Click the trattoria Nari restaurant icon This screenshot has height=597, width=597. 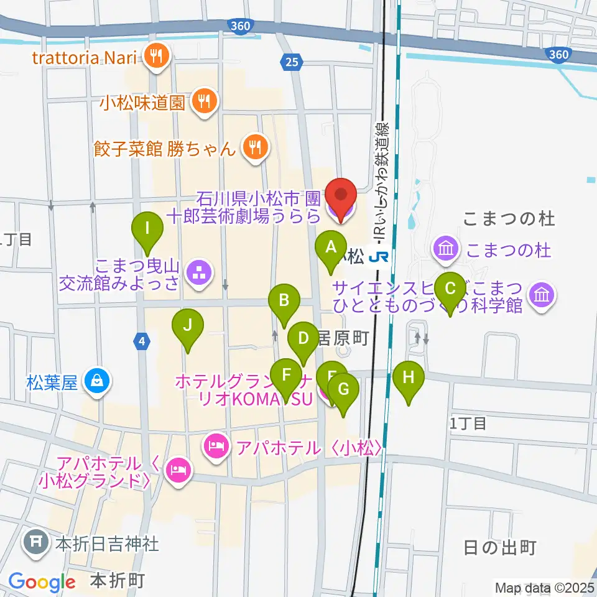[154, 58]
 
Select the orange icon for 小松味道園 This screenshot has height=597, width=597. [203, 102]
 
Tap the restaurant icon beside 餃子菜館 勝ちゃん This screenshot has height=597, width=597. [254, 148]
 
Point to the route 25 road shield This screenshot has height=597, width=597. [291, 61]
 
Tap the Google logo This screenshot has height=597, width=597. [42, 582]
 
